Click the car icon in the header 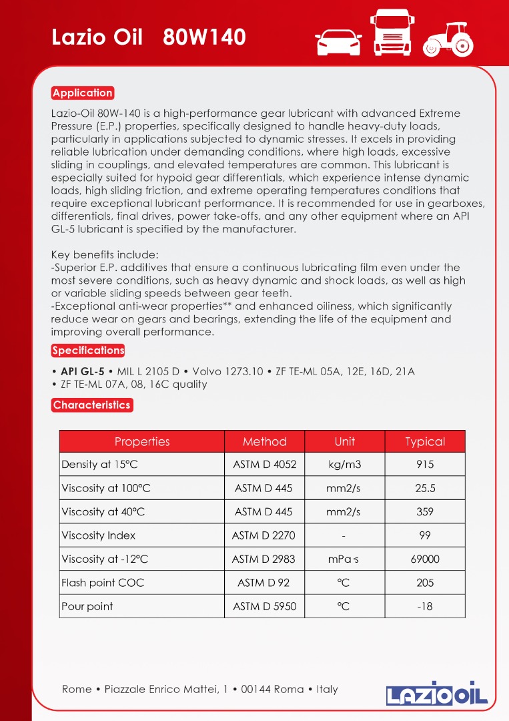[338, 41]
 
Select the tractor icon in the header [448, 39]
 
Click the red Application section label [83, 93]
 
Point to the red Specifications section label [88, 350]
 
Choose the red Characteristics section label [91, 405]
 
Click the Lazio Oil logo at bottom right [437, 693]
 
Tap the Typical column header [425, 442]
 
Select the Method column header [265, 442]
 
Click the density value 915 [425, 465]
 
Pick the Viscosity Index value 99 [425, 535]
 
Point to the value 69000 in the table [425, 559]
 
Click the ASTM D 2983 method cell [264, 559]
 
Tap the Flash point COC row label [103, 583]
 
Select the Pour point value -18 [425, 607]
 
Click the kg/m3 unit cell [345, 465]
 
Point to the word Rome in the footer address [77, 689]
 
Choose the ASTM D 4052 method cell [265, 465]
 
